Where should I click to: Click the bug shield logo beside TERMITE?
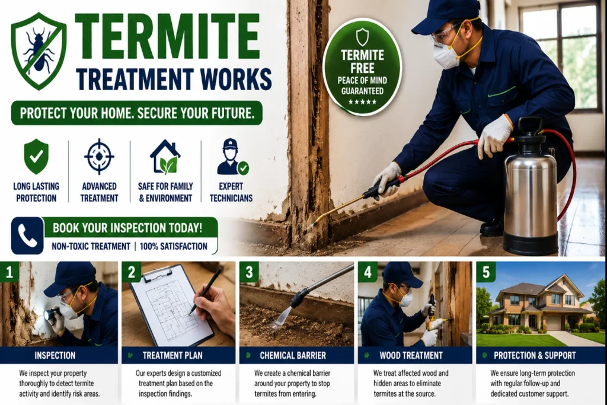pyautogui.click(x=39, y=52)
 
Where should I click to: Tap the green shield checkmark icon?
pyautogui.click(x=36, y=156)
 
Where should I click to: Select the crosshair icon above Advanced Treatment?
pyautogui.click(x=99, y=157)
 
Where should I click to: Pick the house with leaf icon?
pyautogui.click(x=165, y=157)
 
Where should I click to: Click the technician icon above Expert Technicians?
pyautogui.click(x=232, y=157)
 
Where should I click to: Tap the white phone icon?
pyautogui.click(x=27, y=236)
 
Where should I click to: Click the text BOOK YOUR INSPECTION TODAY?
pyautogui.click(x=127, y=228)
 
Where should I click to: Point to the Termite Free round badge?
pyautogui.click(x=362, y=68)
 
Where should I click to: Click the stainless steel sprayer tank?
pyautogui.click(x=531, y=189)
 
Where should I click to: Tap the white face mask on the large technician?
pyautogui.click(x=446, y=56)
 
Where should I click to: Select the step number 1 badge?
pyautogui.click(x=9, y=272)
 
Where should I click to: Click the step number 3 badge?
pyautogui.click(x=249, y=272)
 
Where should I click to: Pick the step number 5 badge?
pyautogui.click(x=486, y=272)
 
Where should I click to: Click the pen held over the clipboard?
pyautogui.click(x=206, y=291)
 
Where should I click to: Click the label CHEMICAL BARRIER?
pyautogui.click(x=293, y=355)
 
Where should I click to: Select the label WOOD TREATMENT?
pyautogui.click(x=411, y=355)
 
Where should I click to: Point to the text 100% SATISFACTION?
pyautogui.click(x=173, y=246)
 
